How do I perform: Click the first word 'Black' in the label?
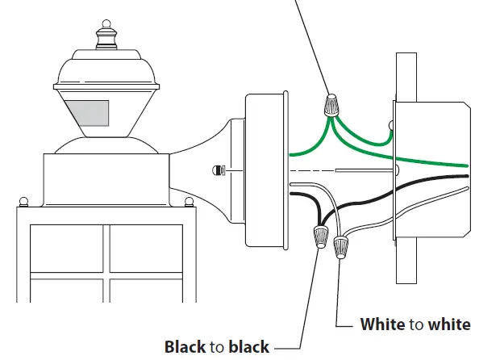point(185,347)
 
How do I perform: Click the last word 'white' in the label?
point(449,324)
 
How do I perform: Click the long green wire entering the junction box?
point(419,160)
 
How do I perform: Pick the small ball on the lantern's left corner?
point(23,199)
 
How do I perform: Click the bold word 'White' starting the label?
point(382,324)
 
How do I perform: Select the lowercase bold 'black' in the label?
point(250,347)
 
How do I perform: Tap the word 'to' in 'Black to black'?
point(217,347)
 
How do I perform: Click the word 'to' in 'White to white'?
point(416,324)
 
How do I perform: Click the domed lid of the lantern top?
point(105,69)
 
